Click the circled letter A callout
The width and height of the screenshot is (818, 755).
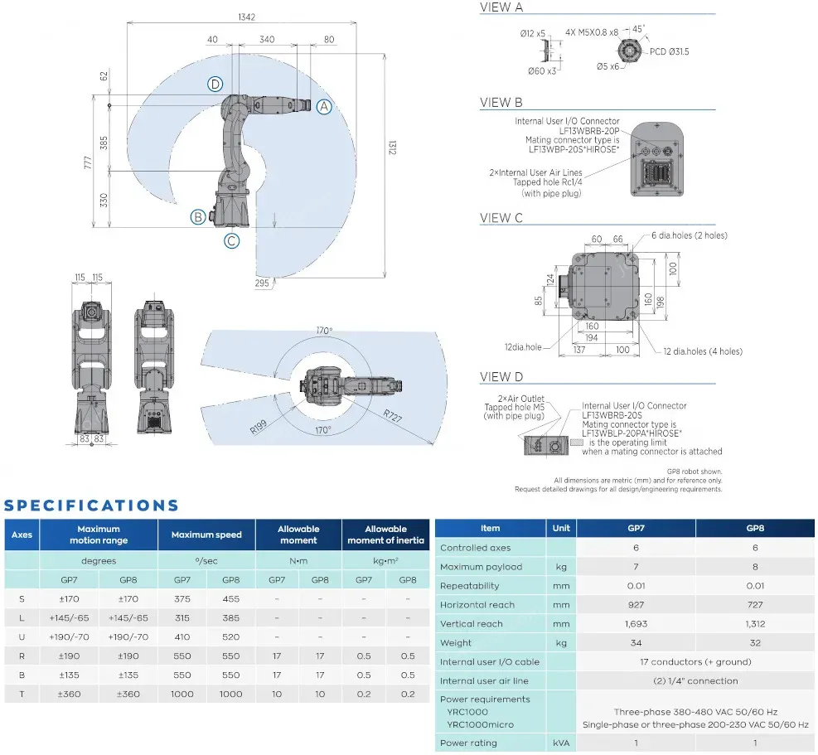click(x=324, y=106)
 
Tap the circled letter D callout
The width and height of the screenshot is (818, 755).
click(x=215, y=84)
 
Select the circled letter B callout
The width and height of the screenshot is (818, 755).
click(x=197, y=217)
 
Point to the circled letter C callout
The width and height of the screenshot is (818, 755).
click(x=232, y=241)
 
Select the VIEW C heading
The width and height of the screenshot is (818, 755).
click(x=501, y=218)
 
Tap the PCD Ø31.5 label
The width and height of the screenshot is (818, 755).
click(x=670, y=51)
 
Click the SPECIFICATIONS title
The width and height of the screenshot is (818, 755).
click(x=91, y=506)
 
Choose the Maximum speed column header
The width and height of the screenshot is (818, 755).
click(x=206, y=535)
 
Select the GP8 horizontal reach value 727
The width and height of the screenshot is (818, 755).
click(x=755, y=605)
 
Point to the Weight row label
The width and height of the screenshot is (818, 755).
click(x=457, y=643)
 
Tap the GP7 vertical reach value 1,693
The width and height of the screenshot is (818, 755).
click(x=636, y=624)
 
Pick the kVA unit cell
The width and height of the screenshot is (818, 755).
click(x=560, y=743)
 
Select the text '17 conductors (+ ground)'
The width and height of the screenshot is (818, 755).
click(x=695, y=662)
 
